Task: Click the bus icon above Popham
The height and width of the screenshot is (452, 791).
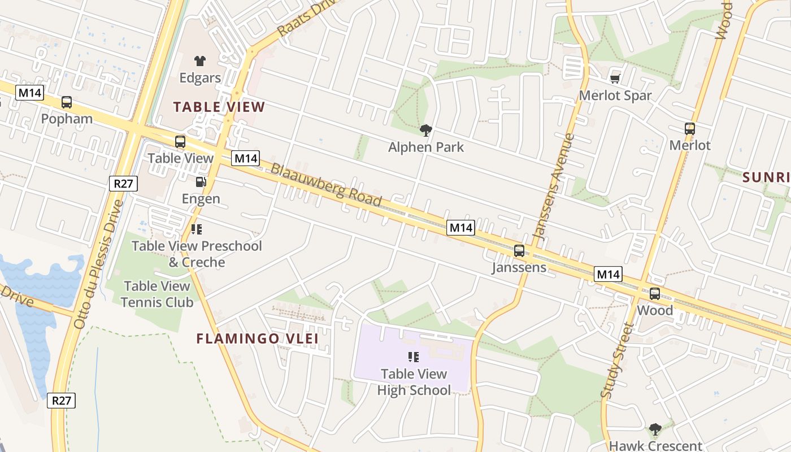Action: (67, 102)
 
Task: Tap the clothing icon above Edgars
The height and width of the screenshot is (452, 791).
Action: (199, 60)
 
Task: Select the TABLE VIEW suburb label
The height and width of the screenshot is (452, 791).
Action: (219, 107)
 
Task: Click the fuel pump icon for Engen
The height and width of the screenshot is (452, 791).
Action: (201, 182)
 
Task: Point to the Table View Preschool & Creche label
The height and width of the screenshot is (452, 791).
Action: (197, 254)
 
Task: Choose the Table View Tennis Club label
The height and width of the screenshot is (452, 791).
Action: (157, 294)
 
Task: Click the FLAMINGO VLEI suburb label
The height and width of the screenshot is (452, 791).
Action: (257, 339)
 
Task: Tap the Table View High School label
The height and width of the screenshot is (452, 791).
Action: (414, 382)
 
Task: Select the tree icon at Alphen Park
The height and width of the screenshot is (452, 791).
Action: (426, 131)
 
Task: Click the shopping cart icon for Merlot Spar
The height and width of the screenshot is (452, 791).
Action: (615, 79)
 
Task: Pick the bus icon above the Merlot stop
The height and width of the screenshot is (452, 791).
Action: (689, 129)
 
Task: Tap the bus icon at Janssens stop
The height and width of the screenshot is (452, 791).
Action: (519, 251)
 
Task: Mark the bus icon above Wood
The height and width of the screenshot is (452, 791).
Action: (654, 294)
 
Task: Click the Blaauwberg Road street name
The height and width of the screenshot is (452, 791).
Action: (326, 185)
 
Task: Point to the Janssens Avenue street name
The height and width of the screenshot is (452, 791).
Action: (554, 186)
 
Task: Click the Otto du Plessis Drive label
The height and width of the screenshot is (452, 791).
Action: (98, 264)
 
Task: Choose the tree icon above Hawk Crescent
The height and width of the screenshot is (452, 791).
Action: (655, 429)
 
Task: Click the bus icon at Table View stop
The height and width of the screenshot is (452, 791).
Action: (180, 142)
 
